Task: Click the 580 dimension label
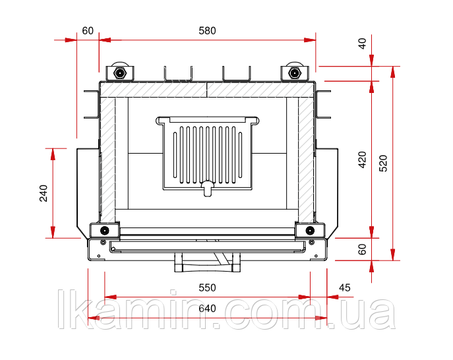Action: (207, 30)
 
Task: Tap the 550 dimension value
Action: (207, 287)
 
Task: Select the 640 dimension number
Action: (207, 309)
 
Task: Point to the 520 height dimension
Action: (383, 164)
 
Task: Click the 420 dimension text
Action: (362, 159)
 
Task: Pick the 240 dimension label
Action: (44, 193)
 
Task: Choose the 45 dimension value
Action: (344, 287)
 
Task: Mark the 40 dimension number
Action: (362, 44)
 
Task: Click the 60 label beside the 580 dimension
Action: (88, 30)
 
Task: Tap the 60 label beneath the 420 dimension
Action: (362, 249)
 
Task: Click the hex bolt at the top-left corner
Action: (119, 73)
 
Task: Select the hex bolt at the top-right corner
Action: (294, 73)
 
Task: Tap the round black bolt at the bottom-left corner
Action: (104, 230)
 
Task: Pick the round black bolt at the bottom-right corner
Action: (310, 230)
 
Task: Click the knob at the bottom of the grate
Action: (207, 188)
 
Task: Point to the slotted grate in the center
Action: (207, 153)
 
